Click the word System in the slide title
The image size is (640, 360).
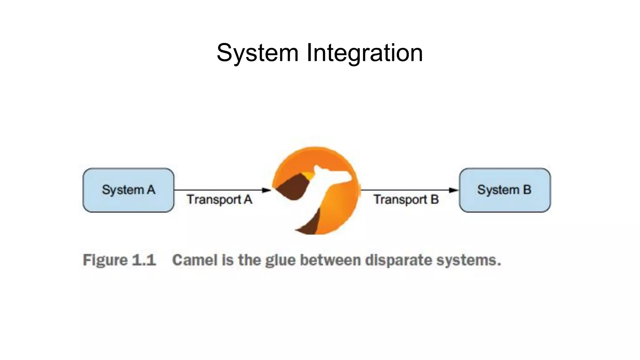(x=257, y=53)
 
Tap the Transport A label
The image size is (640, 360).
(x=219, y=199)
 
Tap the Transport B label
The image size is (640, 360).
(x=406, y=199)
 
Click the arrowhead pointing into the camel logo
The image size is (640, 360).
(x=267, y=190)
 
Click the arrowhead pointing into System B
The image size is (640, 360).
(x=453, y=190)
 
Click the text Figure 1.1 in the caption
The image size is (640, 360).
(x=119, y=260)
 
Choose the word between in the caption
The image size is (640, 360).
(x=330, y=260)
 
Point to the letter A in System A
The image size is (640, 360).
(x=151, y=190)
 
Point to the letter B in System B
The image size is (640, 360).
(x=527, y=190)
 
